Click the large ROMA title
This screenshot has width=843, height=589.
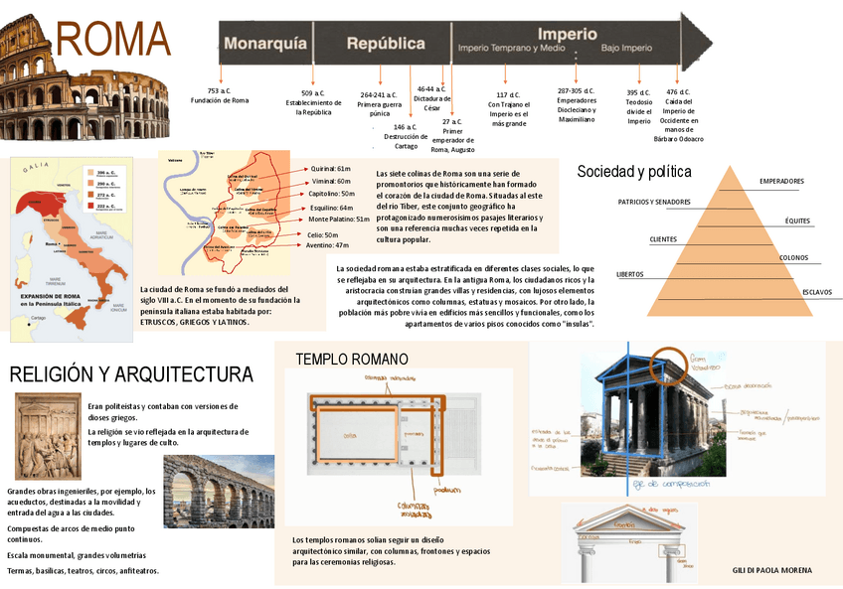point(113,41)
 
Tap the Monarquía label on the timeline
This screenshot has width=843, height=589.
point(264,44)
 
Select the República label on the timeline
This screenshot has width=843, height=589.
point(386,44)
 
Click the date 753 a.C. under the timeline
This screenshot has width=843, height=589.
point(220,90)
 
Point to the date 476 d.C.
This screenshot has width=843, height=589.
point(678,92)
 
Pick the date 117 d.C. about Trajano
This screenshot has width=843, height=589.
point(508,94)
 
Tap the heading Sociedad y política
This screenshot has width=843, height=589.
point(634,172)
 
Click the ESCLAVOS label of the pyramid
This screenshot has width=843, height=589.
point(817,292)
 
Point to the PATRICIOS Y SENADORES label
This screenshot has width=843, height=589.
point(654,202)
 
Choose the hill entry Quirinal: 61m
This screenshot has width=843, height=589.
point(330,169)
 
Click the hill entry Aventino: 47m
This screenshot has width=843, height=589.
point(327,244)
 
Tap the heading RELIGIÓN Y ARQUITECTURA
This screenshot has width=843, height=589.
point(131,374)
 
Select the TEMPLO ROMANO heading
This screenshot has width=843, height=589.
point(352,359)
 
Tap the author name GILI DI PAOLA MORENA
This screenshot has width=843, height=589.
point(771,570)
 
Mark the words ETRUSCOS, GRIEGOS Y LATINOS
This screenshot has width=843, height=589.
point(195,322)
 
